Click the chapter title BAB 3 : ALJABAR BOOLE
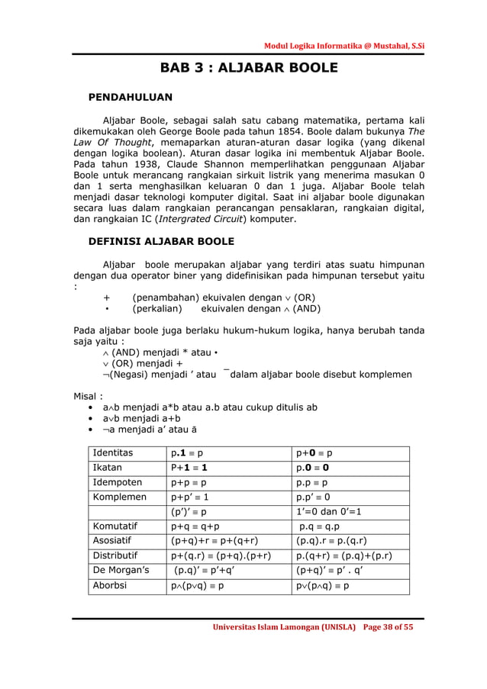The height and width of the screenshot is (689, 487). coord(248,68)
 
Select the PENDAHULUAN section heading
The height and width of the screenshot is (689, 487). coord(131,97)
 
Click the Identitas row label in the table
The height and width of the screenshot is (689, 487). coord(112,452)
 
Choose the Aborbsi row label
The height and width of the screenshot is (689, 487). coord(111,586)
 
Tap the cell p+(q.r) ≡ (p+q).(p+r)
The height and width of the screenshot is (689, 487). coord(221,555)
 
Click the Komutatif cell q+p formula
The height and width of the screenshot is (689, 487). coord(195,526)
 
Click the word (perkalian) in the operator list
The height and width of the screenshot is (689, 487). coord(157,309)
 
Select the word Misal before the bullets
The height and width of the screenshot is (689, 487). coord(87,396)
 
